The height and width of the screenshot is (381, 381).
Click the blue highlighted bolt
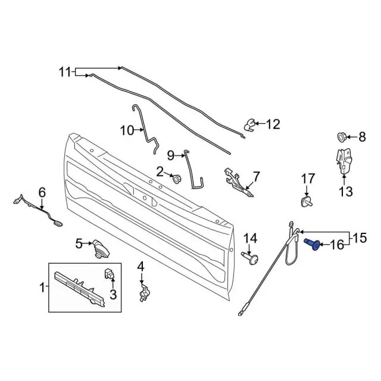coord(312,243)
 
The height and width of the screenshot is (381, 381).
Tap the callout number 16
coord(337,245)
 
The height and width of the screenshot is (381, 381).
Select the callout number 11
coord(65,72)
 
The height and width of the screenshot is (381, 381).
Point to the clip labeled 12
coord(249,124)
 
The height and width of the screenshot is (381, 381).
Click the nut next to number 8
coord(342,137)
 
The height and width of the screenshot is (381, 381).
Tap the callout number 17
coord(308,179)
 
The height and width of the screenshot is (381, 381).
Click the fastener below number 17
coord(306,202)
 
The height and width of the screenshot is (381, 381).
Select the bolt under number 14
coord(250,258)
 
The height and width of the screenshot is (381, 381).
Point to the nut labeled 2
coord(176,179)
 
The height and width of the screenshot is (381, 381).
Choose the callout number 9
coord(171,155)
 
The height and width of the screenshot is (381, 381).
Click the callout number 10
coord(127,130)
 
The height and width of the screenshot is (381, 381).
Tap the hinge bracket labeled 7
coord(238,181)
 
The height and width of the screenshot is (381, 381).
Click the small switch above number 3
coord(109,274)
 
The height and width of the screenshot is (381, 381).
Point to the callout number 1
coord(42,288)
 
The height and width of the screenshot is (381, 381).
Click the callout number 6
coord(42,193)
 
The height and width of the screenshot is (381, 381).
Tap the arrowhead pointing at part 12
coord(257,123)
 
